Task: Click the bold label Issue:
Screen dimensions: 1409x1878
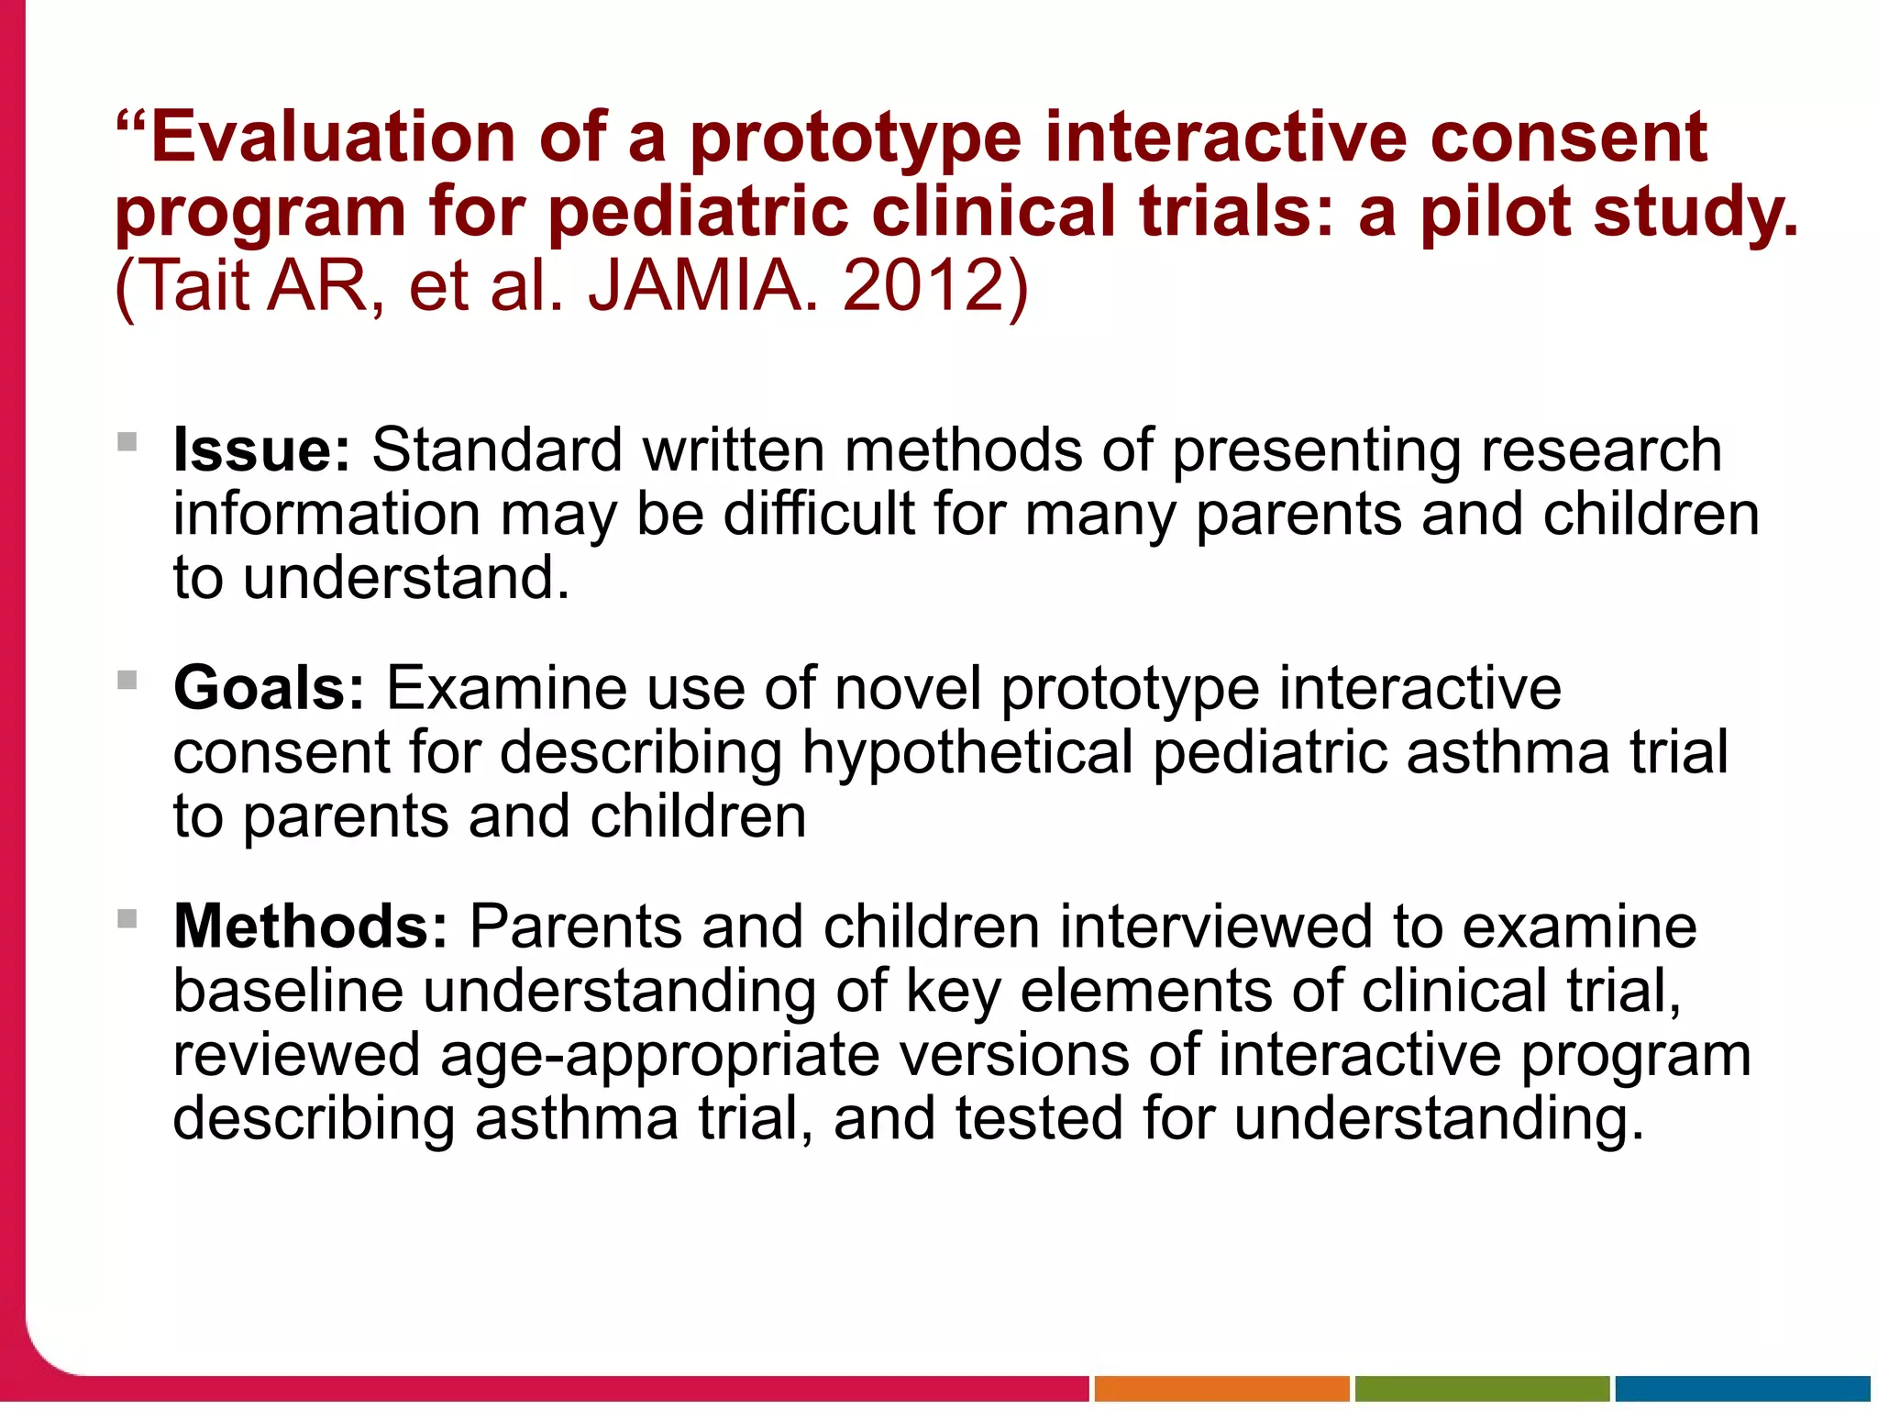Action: tap(261, 450)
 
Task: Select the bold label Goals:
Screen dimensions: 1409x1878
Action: tap(269, 689)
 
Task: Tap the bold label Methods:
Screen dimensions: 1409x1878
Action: tap(310, 926)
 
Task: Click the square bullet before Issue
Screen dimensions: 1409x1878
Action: tap(127, 442)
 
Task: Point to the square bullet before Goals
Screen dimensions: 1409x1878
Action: tap(127, 681)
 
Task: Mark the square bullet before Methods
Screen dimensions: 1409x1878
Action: tap(127, 918)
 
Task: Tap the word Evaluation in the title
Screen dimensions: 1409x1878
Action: tap(333, 138)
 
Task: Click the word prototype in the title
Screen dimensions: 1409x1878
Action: tap(855, 138)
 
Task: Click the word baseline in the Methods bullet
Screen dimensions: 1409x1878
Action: tap(288, 992)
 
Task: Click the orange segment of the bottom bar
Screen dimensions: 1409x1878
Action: tap(1221, 1389)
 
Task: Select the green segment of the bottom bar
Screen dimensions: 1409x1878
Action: tap(1482, 1389)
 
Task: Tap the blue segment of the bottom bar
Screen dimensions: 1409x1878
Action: tap(1742, 1389)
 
